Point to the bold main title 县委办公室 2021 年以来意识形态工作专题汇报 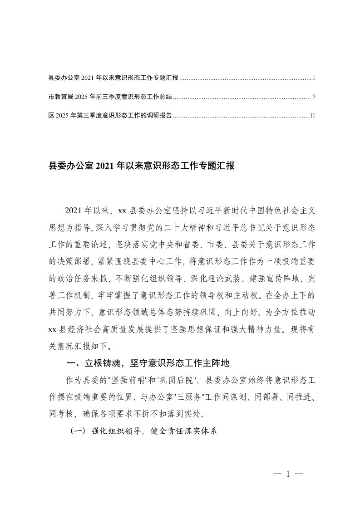click(x=141, y=166)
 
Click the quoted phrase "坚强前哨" click(x=118, y=379)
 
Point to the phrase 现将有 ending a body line click(x=298, y=331)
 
